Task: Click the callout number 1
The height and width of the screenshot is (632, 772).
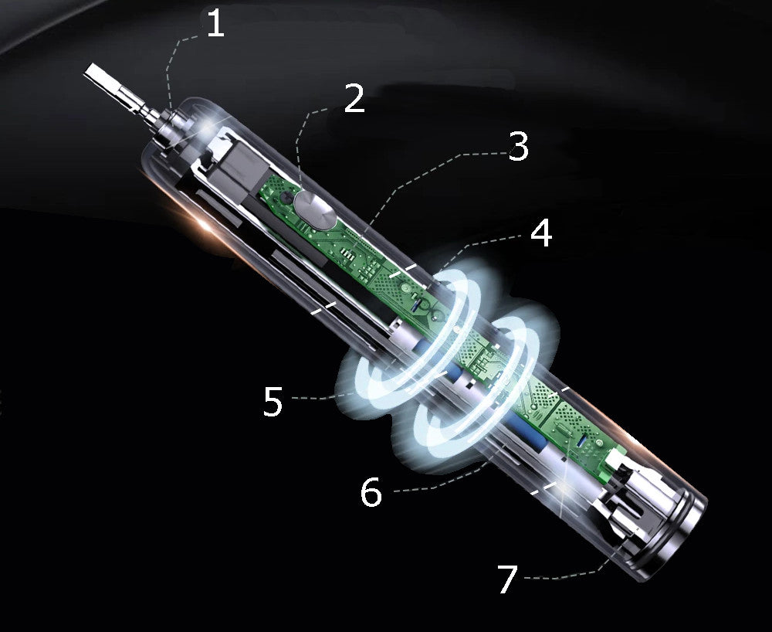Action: [215, 24]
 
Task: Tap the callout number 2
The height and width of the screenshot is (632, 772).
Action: [354, 98]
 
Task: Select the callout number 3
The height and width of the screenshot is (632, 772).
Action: [519, 146]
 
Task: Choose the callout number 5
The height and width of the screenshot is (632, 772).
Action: [273, 401]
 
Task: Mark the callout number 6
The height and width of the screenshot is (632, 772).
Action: [371, 491]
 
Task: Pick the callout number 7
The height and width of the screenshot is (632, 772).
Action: [508, 579]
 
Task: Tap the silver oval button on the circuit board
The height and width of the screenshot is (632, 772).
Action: [315, 209]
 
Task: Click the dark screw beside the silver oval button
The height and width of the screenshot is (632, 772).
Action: [286, 198]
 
